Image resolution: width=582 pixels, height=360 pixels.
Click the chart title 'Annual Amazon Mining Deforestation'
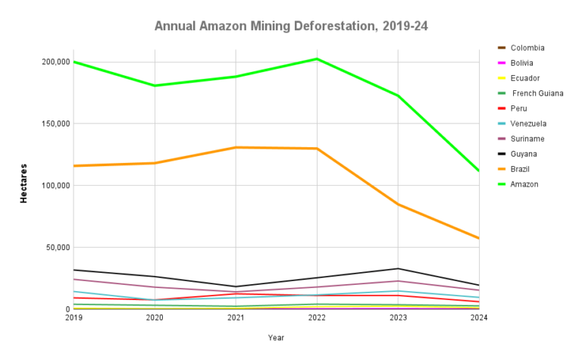291,26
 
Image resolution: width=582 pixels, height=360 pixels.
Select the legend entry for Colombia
527,48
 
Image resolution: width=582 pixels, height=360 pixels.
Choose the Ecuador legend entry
524,78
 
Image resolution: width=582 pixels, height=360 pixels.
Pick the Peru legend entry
519,108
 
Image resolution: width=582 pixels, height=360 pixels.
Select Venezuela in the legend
528,124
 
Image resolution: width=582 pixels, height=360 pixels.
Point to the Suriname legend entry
527,139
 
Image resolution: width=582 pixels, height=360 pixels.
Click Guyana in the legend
524,154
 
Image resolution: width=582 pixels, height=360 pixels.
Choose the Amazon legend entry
524,184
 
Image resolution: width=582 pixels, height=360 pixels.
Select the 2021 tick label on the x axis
236,318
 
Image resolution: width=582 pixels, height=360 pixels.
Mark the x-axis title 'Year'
276,337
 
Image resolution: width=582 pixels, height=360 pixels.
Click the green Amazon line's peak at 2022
317,58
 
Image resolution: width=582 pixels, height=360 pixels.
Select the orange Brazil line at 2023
398,205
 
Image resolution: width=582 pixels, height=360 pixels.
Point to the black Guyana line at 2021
236,286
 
